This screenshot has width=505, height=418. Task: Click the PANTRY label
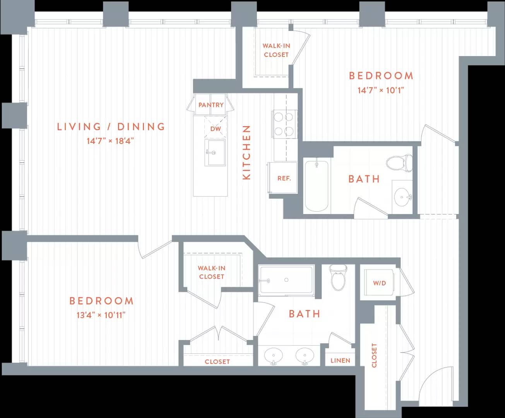click(x=211, y=105)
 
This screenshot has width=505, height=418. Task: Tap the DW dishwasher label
click(x=216, y=128)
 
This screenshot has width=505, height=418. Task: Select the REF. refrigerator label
click(x=284, y=178)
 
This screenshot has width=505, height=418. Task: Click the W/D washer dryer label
click(x=380, y=283)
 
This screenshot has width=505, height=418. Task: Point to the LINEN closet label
click(x=340, y=361)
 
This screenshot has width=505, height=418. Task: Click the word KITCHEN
click(x=247, y=152)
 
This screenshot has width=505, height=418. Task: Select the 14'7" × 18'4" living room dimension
click(x=110, y=141)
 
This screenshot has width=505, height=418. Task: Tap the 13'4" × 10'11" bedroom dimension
click(x=101, y=315)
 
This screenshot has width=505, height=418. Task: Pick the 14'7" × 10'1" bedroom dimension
click(x=381, y=91)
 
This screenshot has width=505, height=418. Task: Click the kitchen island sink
click(x=215, y=152)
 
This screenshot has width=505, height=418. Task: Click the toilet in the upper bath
click(x=399, y=163)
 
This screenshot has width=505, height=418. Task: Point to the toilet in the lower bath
click(x=338, y=278)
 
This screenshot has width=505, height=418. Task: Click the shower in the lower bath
click(x=286, y=280)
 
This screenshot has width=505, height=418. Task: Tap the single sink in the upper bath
click(x=402, y=197)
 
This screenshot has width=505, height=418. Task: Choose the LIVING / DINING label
click(x=111, y=127)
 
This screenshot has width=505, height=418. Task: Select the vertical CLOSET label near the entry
click(x=374, y=355)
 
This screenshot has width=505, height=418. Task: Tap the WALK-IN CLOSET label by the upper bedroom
click(x=276, y=50)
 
